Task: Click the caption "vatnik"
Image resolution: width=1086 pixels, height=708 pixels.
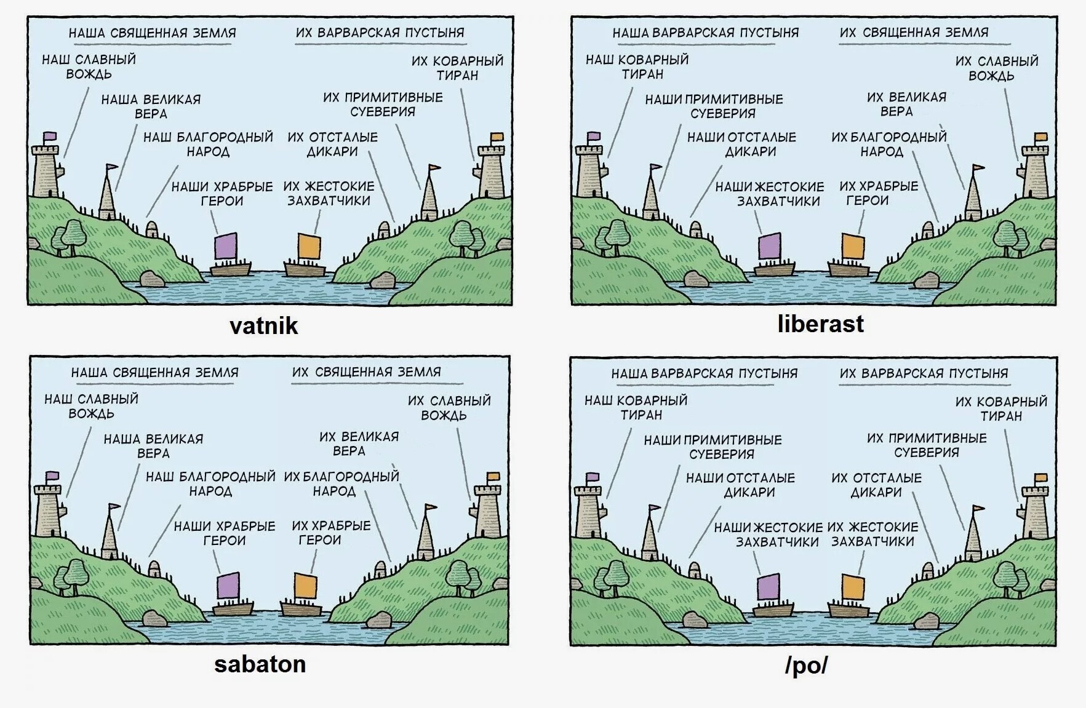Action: click(263, 325)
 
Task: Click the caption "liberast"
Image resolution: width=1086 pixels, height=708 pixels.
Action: click(820, 324)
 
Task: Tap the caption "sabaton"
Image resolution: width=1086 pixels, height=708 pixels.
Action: click(260, 664)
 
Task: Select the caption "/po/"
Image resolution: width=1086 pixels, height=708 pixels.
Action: click(806, 665)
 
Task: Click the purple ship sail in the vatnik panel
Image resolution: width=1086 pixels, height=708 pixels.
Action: click(225, 246)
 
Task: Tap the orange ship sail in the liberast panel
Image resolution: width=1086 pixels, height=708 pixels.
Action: click(853, 246)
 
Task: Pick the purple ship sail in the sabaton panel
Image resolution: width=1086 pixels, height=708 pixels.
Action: click(228, 585)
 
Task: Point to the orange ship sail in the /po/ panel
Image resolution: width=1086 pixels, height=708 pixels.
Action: click(852, 587)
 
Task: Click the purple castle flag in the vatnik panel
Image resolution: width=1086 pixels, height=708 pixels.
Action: click(50, 136)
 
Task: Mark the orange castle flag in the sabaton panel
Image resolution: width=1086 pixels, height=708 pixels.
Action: click(493, 476)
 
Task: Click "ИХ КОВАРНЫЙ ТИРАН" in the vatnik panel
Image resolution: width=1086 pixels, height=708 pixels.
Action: click(457, 68)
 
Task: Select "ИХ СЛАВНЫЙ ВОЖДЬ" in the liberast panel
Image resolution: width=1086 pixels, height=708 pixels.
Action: click(996, 68)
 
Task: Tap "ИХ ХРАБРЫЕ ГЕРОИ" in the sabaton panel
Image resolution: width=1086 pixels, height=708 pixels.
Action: click(331, 533)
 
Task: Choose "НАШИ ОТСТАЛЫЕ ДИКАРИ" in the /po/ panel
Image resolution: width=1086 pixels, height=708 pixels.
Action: click(749, 485)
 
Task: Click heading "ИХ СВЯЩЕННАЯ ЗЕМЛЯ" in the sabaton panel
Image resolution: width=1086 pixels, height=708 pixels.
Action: click(366, 372)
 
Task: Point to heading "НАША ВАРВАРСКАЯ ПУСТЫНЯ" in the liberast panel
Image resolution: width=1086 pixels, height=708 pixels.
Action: click(705, 33)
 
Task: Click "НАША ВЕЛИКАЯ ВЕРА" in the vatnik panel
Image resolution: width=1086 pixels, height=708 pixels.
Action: click(151, 106)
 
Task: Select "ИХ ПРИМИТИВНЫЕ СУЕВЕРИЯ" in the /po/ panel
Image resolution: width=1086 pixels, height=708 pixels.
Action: click(926, 445)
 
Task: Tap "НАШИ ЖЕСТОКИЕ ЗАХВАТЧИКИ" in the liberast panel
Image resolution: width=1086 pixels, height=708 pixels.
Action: click(770, 194)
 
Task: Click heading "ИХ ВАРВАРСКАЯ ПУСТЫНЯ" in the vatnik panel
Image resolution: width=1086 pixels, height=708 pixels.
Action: click(380, 33)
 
